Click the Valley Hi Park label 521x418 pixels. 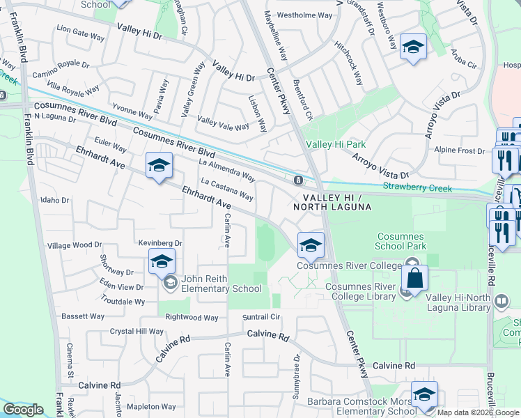336,145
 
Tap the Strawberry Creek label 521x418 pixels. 417,188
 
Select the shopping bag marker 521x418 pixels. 414,277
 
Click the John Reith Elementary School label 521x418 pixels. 221,283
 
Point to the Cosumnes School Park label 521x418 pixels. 401,241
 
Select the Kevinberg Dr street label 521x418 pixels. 160,243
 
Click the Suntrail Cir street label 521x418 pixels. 260,316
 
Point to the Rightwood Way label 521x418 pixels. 192,318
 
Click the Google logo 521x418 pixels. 23,410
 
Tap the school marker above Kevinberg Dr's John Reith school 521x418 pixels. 161,262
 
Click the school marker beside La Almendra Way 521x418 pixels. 159,167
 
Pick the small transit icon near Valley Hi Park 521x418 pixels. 298,180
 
